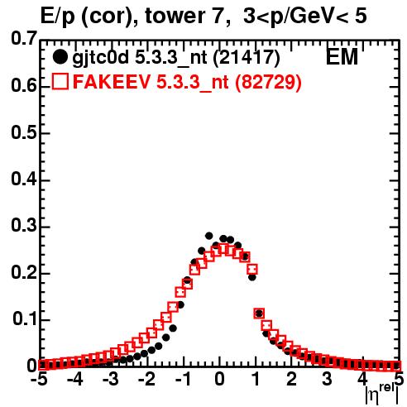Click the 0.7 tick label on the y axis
pyautogui.click(x=24, y=39)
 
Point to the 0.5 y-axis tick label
pyautogui.click(x=24, y=132)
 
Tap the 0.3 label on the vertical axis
pyautogui.click(x=24, y=226)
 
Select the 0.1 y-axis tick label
pyautogui.click(x=25, y=318)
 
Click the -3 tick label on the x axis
pyautogui.click(x=111, y=379)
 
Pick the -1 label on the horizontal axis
pyautogui.click(x=183, y=379)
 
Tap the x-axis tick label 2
pyautogui.click(x=291, y=379)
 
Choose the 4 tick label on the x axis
pyautogui.click(x=363, y=379)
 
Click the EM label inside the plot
pyautogui.click(x=342, y=57)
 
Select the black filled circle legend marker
pyautogui.click(x=60, y=57)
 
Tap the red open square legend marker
pyautogui.click(x=60, y=82)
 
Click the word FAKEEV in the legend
pyautogui.click(x=112, y=82)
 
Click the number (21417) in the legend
pyautogui.click(x=247, y=58)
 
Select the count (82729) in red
pyautogui.click(x=268, y=82)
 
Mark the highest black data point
pyautogui.click(x=208, y=236)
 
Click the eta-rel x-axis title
pyautogui.click(x=381, y=395)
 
